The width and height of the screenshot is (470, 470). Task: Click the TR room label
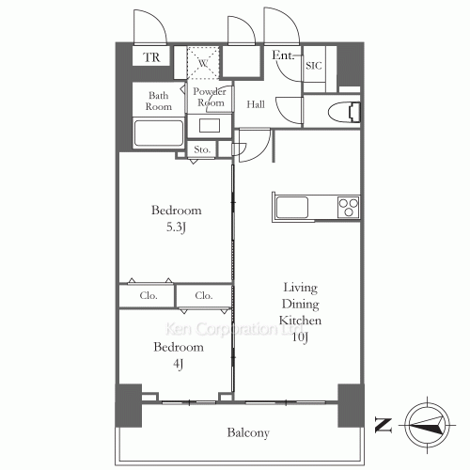click(151, 57)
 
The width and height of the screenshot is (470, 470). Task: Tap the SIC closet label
click(314, 66)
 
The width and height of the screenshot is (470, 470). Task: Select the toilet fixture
click(344, 111)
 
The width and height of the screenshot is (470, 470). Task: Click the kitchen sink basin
click(292, 207)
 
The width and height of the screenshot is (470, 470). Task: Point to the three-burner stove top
click(349, 207)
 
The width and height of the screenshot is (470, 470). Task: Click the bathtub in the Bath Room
click(159, 133)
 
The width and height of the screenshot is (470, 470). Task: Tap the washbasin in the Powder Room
click(210, 126)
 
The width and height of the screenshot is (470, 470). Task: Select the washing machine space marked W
click(203, 62)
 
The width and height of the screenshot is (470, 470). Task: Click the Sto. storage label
click(201, 149)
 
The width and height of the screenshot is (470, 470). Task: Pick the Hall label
click(256, 104)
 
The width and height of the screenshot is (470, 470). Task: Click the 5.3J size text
click(176, 227)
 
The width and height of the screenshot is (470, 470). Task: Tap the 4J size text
click(178, 364)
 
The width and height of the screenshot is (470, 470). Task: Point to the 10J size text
click(300, 337)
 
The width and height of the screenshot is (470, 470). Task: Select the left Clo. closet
click(147, 295)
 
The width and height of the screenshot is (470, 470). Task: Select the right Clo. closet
click(204, 295)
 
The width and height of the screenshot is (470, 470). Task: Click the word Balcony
click(248, 432)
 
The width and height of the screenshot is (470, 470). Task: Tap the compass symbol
click(427, 426)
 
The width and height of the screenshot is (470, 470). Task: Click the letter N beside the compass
click(384, 426)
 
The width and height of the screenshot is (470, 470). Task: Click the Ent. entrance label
click(283, 55)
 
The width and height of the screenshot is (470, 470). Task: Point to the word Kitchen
click(300, 321)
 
